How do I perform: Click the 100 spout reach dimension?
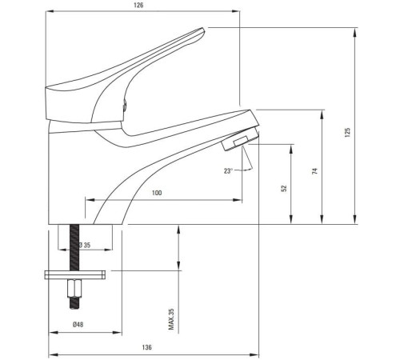pos(156,194)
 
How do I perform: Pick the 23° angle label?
pos(230,170)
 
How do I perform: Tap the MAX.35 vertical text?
pos(171,320)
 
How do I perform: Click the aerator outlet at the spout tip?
pos(238,143)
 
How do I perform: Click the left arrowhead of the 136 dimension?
pos(52,354)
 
